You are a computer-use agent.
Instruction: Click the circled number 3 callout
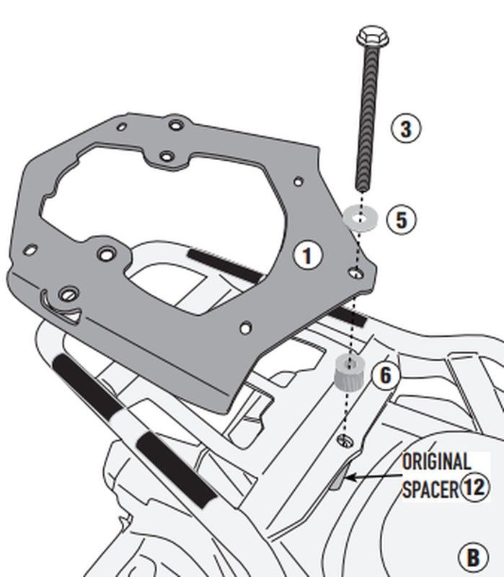[405, 129]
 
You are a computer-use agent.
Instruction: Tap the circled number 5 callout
[401, 219]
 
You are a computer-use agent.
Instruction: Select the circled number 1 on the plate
[306, 255]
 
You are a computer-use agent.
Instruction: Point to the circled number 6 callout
[385, 374]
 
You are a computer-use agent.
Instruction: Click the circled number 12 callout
[474, 487]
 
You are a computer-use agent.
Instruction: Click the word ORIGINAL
[436, 461]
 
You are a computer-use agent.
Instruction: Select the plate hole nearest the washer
[353, 273]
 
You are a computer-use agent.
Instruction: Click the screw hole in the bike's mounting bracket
[343, 440]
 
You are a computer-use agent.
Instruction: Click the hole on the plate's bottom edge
[245, 328]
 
